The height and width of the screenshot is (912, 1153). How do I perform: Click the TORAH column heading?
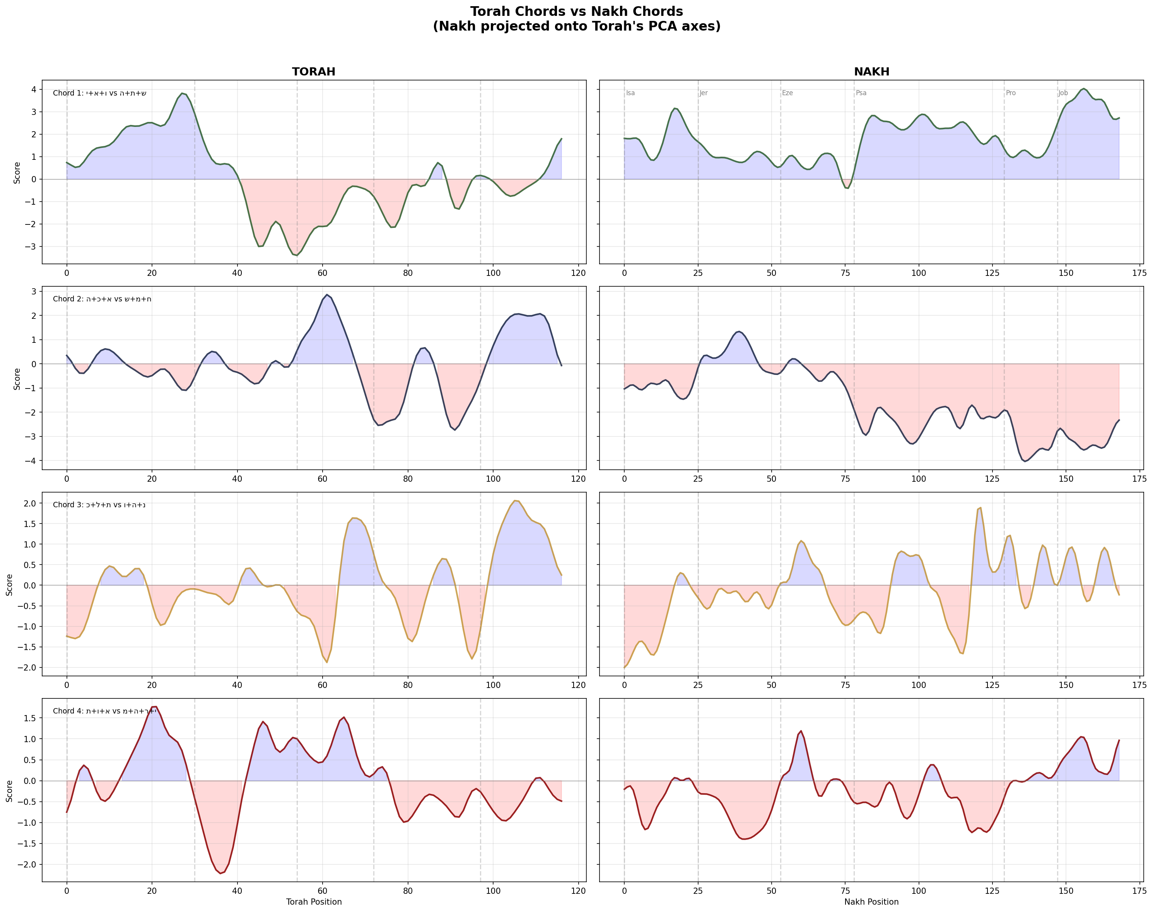[x=313, y=72]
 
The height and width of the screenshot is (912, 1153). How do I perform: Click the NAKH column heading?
[x=871, y=72]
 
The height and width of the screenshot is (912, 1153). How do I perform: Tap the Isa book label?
[x=630, y=93]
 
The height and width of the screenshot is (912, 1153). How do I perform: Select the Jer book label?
[x=704, y=93]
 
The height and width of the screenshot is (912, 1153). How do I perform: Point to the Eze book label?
[x=787, y=93]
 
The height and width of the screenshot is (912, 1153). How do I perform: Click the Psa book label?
[x=861, y=93]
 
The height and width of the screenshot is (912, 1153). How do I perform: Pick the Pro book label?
[x=1011, y=93]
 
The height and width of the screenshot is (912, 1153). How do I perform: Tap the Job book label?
[x=1063, y=93]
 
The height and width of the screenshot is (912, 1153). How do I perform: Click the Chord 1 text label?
[x=99, y=93]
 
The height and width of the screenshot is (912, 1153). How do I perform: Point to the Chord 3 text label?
[x=99, y=505]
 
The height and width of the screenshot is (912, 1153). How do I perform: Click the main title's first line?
[x=576, y=11]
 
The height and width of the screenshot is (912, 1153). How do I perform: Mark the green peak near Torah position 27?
[x=182, y=93]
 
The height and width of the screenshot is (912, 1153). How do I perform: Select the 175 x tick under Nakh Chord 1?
[x=1139, y=273]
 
